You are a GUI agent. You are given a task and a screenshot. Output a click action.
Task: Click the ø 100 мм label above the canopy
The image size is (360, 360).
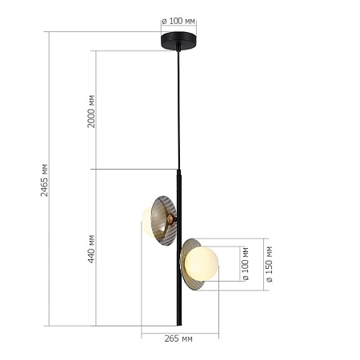click(178, 22)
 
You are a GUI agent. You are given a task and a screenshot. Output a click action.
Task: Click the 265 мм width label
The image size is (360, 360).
click(179, 339)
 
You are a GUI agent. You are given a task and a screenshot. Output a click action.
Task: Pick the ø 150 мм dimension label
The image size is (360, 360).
click(269, 265)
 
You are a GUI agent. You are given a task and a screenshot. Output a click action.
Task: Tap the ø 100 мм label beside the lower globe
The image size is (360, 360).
click(246, 264)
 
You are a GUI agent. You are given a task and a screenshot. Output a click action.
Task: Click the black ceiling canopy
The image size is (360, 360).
click(178, 40)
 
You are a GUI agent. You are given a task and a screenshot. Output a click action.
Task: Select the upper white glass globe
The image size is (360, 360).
click(149, 220)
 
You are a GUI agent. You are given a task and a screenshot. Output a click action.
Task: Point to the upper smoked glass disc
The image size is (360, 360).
click(163, 220)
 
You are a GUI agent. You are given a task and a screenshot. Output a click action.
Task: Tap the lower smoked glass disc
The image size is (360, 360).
click(189, 264)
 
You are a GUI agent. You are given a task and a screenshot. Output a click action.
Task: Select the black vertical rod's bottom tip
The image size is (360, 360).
click(178, 323)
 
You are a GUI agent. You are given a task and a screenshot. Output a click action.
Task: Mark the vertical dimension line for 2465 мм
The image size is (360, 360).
click(50, 240)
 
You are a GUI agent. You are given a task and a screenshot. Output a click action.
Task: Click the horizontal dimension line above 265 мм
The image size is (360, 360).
click(179, 332)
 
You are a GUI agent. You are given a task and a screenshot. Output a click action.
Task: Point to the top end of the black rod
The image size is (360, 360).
click(178, 170)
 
